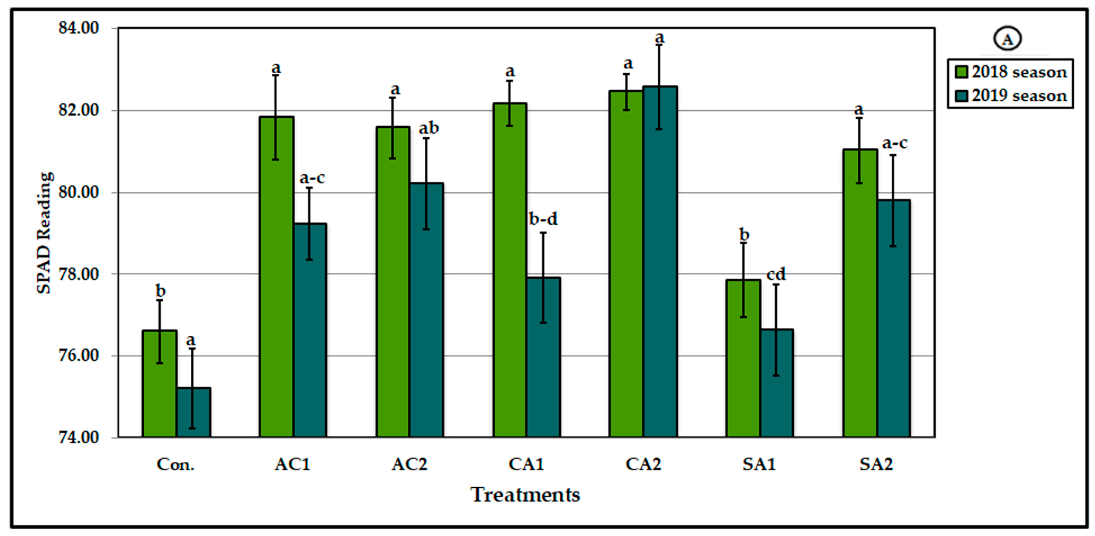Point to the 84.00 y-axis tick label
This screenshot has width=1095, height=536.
point(79,28)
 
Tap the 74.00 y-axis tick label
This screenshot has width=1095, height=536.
point(79,437)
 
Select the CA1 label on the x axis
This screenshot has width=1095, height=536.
point(526,464)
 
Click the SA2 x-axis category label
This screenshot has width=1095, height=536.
point(876,464)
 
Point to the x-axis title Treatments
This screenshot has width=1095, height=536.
point(525,495)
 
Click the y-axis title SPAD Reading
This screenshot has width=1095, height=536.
point(44,233)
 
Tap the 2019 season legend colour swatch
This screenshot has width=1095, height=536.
point(961,96)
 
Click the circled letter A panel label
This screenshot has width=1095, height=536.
point(1007,39)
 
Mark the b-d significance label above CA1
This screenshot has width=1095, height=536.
point(543,219)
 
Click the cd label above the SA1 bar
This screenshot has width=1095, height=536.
point(776,274)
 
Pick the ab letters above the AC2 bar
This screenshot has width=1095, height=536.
point(429,128)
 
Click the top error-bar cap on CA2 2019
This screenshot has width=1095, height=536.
point(659,45)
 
